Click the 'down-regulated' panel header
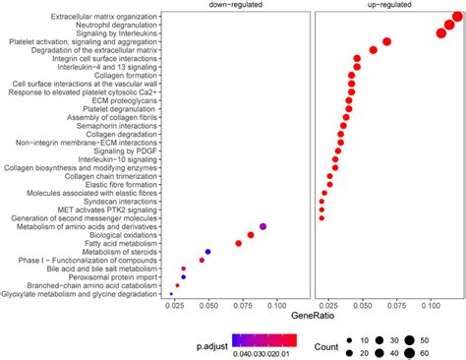(233, 6)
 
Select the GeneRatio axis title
(311, 316)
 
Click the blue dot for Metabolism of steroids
(207, 252)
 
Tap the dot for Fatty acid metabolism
(238, 243)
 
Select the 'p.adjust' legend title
(215, 344)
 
